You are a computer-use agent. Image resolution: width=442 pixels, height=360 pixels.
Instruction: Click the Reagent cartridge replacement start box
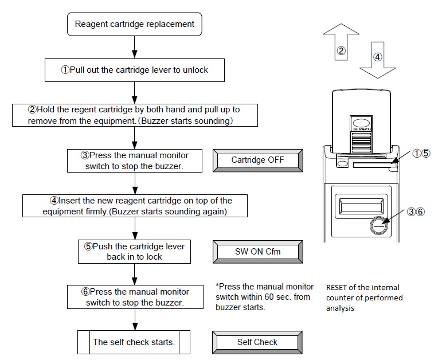tap(135, 25)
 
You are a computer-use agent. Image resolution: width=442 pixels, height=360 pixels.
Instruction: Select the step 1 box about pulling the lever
tap(135, 70)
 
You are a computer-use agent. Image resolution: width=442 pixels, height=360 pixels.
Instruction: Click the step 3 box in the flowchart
tap(135, 161)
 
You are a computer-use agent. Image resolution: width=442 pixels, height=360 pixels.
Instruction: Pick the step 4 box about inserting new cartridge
tap(135, 206)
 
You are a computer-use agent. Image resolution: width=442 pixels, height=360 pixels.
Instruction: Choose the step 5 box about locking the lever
tap(135, 251)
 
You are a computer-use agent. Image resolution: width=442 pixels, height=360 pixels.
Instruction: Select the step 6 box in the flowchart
tap(135, 297)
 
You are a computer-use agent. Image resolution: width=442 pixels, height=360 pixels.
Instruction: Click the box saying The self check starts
tap(135, 342)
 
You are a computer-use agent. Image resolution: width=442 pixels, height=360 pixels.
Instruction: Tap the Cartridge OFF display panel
tap(257, 161)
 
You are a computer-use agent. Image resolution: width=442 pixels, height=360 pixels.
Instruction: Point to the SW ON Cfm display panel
tap(257, 251)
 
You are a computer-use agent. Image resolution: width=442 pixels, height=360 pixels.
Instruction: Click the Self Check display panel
tap(257, 342)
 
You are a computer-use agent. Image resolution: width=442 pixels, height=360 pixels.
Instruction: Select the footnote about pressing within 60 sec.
tap(264, 297)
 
